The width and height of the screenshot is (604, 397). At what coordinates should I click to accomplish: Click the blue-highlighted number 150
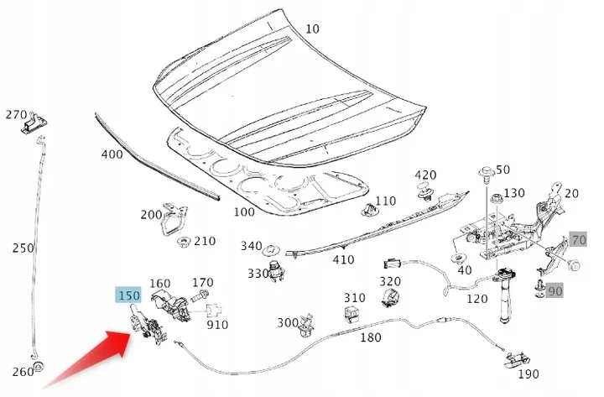click(x=128, y=296)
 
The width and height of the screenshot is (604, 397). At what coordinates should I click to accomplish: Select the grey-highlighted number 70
click(x=578, y=240)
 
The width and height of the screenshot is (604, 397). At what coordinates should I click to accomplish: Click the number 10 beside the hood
click(x=312, y=29)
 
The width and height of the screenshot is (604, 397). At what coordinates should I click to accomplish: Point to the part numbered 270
click(x=33, y=124)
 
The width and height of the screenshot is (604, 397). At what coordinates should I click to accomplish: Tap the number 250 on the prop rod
click(x=23, y=248)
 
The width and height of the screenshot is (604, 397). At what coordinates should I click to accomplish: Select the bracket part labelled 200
click(x=174, y=220)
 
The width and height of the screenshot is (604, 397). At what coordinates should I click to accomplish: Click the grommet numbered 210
click(x=182, y=243)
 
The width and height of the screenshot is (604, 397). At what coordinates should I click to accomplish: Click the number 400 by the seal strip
click(x=112, y=154)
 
